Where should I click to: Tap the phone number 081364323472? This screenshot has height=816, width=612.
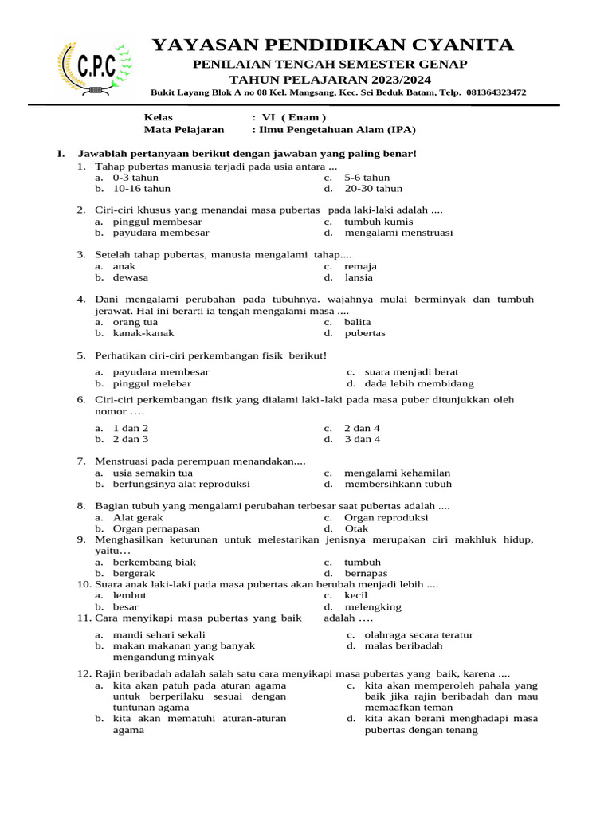click(x=496, y=92)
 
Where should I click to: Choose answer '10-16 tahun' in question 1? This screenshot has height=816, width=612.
click(x=141, y=189)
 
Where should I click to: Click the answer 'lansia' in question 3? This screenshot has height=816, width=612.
click(x=359, y=277)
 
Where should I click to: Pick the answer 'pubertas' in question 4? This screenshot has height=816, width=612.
click(x=365, y=333)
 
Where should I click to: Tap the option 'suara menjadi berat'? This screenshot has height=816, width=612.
click(x=411, y=372)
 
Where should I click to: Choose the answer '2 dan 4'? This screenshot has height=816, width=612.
click(x=362, y=428)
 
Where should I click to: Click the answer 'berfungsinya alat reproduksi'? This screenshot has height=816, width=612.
click(x=181, y=484)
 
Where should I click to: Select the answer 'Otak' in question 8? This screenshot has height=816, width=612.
click(x=356, y=528)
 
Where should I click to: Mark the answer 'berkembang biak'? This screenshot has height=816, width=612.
click(x=154, y=562)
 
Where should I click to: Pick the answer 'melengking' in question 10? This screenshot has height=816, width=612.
click(x=373, y=606)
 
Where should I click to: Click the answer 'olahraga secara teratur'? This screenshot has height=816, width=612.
click(x=418, y=635)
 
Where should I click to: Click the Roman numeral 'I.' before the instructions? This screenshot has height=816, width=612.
click(x=61, y=153)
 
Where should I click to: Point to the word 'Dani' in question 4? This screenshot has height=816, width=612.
click(x=108, y=299)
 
